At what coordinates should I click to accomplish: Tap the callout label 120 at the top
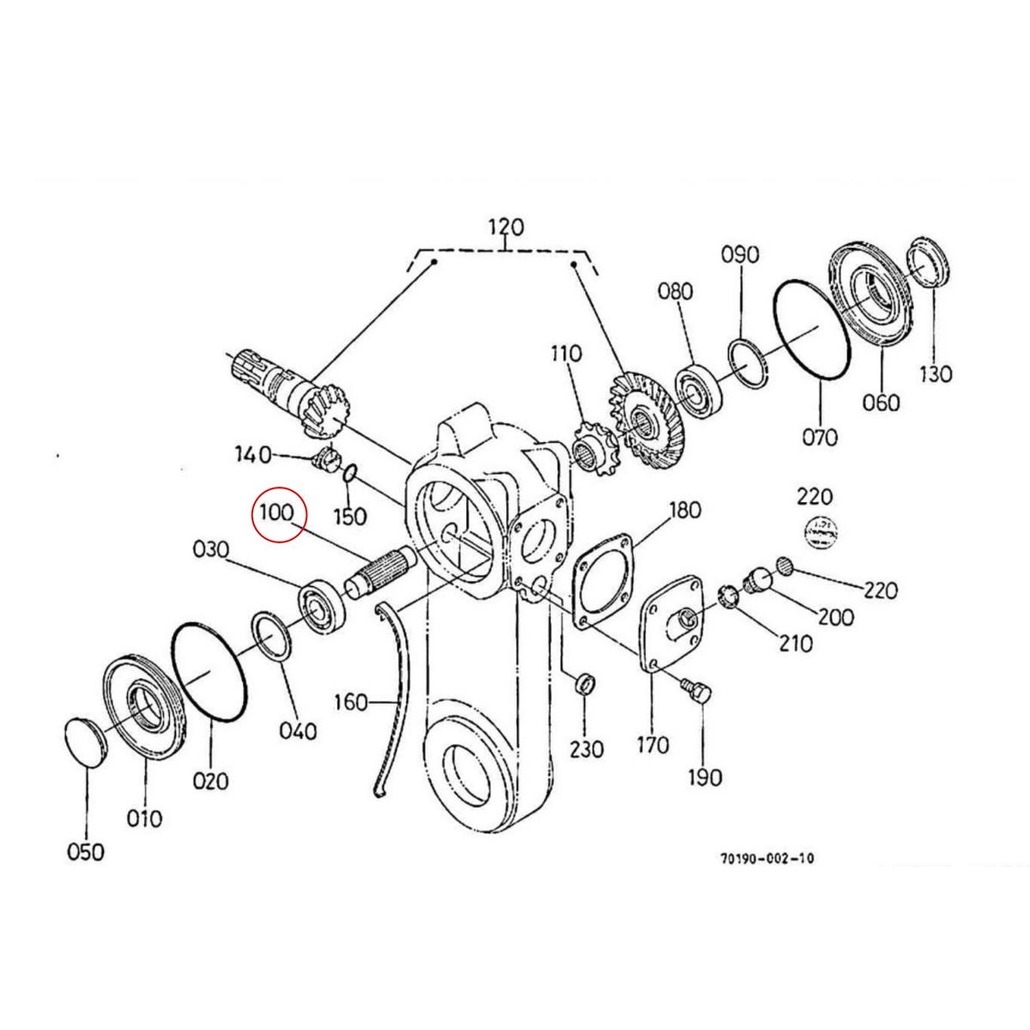506,228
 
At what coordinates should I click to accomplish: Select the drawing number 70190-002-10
768,857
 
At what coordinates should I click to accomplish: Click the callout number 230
586,749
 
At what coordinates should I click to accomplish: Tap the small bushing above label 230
583,685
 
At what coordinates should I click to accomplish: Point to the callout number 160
349,703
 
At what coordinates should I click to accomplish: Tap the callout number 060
881,402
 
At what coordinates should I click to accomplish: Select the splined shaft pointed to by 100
379,571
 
